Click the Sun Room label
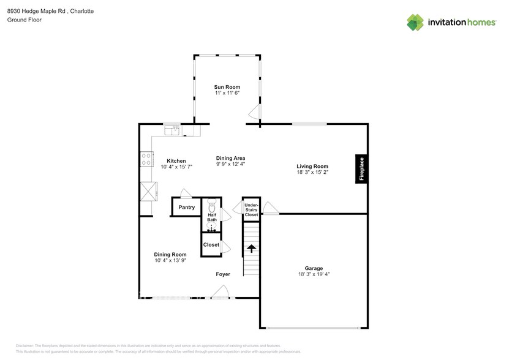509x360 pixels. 227,86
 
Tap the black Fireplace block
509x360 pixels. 361,168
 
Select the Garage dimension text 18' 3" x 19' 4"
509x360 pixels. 314,274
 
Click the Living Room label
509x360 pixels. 312,166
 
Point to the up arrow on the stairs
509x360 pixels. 252,249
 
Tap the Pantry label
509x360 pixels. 186,208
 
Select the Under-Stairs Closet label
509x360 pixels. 252,208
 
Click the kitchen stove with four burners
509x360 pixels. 146,160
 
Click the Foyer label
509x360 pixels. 222,274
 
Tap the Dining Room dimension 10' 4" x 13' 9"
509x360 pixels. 170,261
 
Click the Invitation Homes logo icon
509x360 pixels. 416,22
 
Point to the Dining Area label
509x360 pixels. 230,158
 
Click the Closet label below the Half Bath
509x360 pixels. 211,244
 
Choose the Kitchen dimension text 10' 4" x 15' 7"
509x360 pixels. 176,167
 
